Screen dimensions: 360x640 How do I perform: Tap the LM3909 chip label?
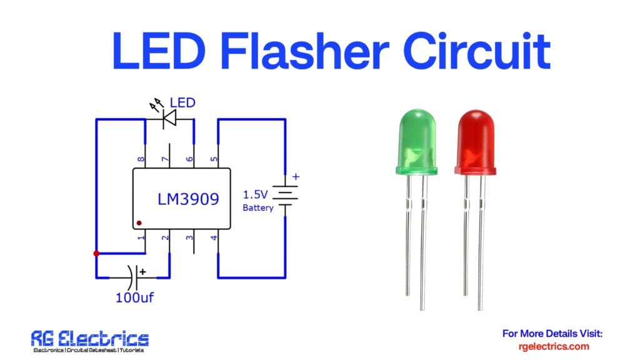pos(187,200)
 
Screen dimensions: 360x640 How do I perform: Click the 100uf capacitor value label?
pos(134,297)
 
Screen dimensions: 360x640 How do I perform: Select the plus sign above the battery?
pos(296,177)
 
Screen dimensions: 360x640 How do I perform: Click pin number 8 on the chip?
pos(142,159)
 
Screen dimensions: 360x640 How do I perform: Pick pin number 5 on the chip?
pos(215,159)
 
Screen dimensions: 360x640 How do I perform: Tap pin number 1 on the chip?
pos(142,237)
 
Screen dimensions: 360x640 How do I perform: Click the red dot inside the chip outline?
pos(139,222)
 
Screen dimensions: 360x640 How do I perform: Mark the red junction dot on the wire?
pos(96,254)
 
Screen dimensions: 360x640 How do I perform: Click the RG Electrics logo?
pos(90,341)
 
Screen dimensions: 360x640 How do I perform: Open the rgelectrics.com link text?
pos(554,346)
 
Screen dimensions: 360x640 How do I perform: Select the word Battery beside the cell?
pos(257,207)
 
